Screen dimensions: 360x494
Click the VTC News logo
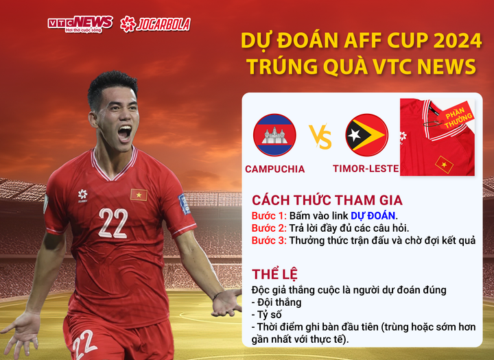tap(80, 24)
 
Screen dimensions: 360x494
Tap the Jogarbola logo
tap(155, 24)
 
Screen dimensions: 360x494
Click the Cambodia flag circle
tap(274, 134)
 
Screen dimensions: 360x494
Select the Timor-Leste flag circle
tap(366, 134)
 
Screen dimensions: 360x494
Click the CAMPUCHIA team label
tap(274, 169)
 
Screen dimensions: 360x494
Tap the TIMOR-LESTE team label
tap(366, 169)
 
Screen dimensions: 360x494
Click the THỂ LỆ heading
tap(274, 274)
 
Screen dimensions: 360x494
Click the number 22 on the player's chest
tap(113, 222)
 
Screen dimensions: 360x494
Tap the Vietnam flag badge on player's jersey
tap(139, 195)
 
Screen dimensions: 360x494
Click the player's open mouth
tap(123, 132)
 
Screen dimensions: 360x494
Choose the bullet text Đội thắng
tap(279, 302)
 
